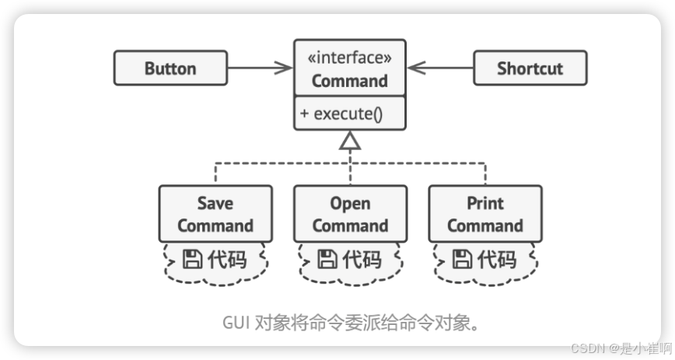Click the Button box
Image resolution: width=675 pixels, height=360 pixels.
click(x=170, y=68)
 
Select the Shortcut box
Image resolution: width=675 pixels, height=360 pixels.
click(x=530, y=68)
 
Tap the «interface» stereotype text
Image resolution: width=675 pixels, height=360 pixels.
click(x=349, y=58)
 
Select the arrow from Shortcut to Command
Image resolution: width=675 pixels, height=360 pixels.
click(x=441, y=68)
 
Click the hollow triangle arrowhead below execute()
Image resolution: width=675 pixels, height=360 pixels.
click(x=350, y=140)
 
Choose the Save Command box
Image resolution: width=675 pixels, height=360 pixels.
click(x=215, y=215)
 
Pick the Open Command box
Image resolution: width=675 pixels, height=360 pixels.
click(x=350, y=215)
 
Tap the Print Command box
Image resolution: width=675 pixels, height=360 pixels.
click(x=485, y=215)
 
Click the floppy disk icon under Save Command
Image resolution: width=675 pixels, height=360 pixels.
click(x=191, y=259)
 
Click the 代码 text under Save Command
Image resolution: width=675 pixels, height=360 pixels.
click(x=227, y=259)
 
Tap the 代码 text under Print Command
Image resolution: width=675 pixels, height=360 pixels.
click(x=498, y=259)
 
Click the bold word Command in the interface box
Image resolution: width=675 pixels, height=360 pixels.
click(x=349, y=81)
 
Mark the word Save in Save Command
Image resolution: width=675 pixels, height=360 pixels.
click(x=215, y=204)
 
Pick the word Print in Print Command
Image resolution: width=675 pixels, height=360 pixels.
click(x=485, y=204)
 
